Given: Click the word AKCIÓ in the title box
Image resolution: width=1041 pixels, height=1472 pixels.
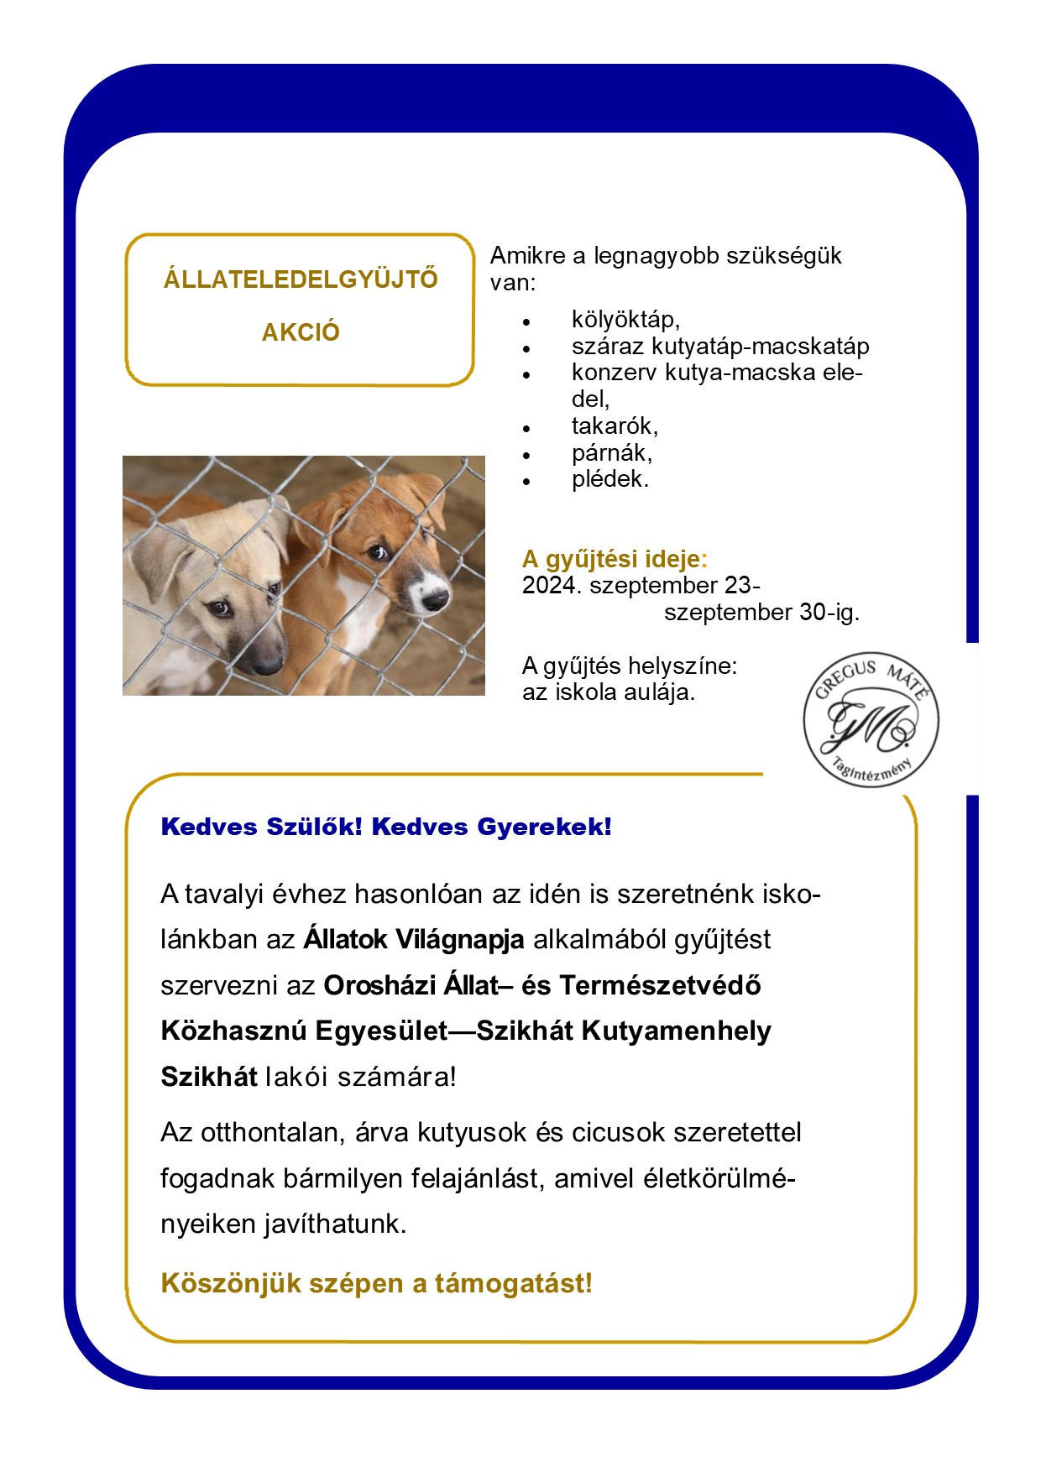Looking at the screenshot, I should coord(301,332).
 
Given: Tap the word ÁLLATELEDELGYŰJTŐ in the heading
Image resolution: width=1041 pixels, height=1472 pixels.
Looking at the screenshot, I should coord(301,279).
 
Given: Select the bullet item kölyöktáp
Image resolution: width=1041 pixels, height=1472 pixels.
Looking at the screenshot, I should coord(625,320).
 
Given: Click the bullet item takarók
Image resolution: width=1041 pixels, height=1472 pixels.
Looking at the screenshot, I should coord(615,426).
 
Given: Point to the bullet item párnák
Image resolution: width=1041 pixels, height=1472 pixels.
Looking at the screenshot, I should coord(612,453).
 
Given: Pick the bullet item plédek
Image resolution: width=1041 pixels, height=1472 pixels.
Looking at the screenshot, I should coord(610,480).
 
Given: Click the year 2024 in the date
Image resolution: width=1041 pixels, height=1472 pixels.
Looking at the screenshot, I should coord(549,586).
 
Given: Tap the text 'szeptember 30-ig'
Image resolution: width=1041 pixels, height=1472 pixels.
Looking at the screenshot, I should coord(761,613).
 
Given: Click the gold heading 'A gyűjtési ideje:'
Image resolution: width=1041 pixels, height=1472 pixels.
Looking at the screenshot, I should coord(615,559).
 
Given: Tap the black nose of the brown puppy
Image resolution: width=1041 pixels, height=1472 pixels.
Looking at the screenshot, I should coord(435,599).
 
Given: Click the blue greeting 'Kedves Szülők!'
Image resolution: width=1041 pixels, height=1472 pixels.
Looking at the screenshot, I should coord(261,827).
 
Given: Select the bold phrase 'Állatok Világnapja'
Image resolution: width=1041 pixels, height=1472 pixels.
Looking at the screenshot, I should coord(414,940).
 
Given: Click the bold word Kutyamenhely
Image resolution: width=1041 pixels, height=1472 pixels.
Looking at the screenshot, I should coord(676,1031).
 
